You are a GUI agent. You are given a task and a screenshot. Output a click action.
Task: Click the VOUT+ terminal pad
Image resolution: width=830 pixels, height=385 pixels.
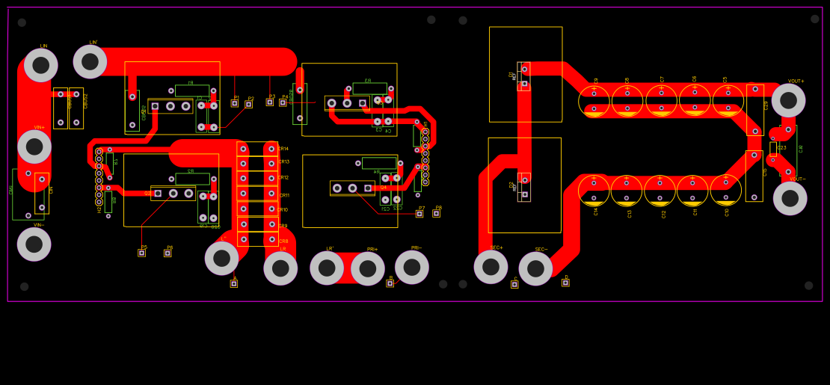coord(788,100)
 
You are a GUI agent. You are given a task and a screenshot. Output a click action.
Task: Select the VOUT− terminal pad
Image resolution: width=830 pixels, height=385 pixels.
coord(790,198)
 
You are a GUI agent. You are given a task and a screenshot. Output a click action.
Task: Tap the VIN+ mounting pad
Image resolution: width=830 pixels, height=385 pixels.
coord(34,147)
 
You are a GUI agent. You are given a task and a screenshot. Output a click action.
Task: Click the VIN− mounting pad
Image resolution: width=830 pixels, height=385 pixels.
coord(34,244)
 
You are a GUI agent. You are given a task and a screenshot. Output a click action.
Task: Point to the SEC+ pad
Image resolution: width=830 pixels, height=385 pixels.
coord(491,267)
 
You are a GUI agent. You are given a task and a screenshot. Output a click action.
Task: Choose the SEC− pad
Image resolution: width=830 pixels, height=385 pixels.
coord(535,268)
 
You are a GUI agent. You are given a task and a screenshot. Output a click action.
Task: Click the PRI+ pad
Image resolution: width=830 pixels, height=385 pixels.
coord(368,268)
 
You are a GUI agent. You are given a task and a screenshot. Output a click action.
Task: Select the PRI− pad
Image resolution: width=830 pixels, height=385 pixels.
coord(412,267)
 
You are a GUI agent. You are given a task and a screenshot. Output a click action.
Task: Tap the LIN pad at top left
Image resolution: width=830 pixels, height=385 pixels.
coord(41,65)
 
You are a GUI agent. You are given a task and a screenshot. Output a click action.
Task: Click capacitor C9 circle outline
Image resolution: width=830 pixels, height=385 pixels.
coord(594,101)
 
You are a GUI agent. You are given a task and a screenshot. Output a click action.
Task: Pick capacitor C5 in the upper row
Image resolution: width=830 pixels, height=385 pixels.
coord(728,101)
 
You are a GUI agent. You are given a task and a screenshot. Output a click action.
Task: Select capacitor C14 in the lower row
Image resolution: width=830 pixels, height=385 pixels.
coord(594,191)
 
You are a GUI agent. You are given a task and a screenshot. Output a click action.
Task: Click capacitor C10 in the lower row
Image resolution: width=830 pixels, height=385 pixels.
coord(725,190)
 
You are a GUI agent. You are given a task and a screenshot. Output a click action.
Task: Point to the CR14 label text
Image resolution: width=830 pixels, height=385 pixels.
coord(283,149)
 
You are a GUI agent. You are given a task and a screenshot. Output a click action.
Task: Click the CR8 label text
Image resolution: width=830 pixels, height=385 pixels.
coord(283,241)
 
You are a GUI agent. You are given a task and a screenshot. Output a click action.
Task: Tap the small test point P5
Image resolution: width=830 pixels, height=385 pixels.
coord(141,253)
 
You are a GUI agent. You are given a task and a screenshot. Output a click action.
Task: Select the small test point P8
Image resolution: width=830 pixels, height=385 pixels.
coord(436,213)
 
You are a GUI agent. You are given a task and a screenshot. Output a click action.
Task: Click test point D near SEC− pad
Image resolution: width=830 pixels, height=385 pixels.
coord(565,283)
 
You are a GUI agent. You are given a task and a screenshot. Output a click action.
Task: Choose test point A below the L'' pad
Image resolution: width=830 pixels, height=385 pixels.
coord(233,283)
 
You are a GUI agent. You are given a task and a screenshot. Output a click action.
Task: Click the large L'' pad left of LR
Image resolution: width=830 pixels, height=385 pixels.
coord(222,258)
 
